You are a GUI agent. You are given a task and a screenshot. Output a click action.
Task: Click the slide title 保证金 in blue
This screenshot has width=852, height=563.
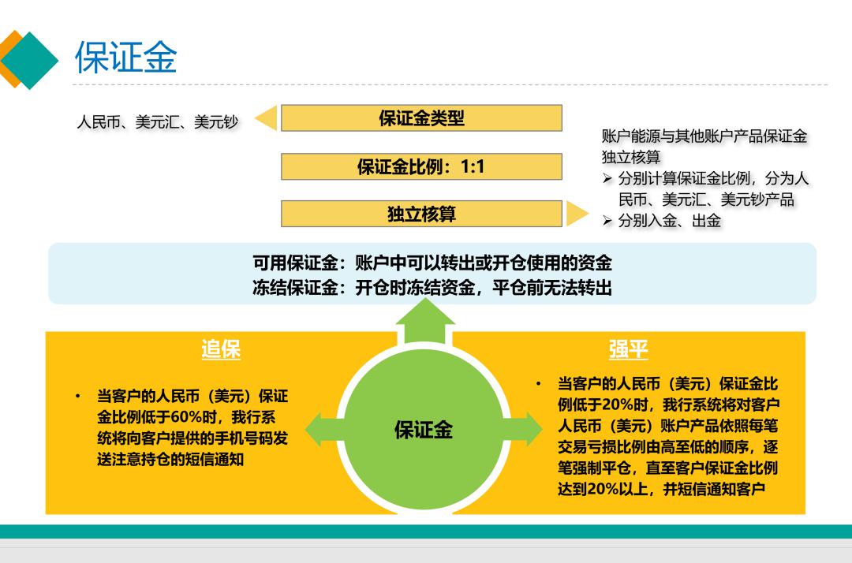pos(125,57)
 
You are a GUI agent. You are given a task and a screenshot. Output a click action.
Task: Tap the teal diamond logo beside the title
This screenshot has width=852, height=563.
pos(30,60)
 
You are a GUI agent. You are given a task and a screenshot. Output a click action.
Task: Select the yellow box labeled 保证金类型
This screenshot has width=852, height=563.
pos(421,117)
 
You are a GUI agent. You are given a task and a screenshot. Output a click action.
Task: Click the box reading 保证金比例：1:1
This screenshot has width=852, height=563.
pos(421,166)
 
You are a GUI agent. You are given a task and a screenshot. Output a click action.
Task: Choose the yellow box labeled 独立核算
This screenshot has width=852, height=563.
pos(421,214)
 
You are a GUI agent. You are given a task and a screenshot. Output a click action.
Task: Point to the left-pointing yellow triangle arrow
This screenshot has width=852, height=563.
pos(267,117)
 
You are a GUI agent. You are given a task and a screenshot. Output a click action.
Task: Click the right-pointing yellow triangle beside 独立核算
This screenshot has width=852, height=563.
pos(577,214)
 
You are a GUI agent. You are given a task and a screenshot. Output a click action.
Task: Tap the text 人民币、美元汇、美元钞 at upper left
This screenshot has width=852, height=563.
pos(158,121)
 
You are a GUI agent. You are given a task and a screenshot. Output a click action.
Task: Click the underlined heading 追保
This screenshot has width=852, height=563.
pos(221,349)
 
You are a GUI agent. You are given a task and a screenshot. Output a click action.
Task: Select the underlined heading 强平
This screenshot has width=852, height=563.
pos(628,349)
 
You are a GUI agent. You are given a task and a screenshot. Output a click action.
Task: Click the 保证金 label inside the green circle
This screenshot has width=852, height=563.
pos(424,430)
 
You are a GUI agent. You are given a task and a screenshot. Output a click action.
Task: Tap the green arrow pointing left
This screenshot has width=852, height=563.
pos(324,430)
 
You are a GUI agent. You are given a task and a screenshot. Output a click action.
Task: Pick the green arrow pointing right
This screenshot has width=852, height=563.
pos(523,429)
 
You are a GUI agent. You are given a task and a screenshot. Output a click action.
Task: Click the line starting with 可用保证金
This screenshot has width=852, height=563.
pos(432,263)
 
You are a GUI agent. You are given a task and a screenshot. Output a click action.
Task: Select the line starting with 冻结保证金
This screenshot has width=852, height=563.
pos(432,287)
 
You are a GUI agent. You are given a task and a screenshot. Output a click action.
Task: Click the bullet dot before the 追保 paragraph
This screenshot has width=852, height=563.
pos(78,397)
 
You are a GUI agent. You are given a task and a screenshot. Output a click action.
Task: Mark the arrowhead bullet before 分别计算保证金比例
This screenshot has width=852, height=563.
pos(607,178)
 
